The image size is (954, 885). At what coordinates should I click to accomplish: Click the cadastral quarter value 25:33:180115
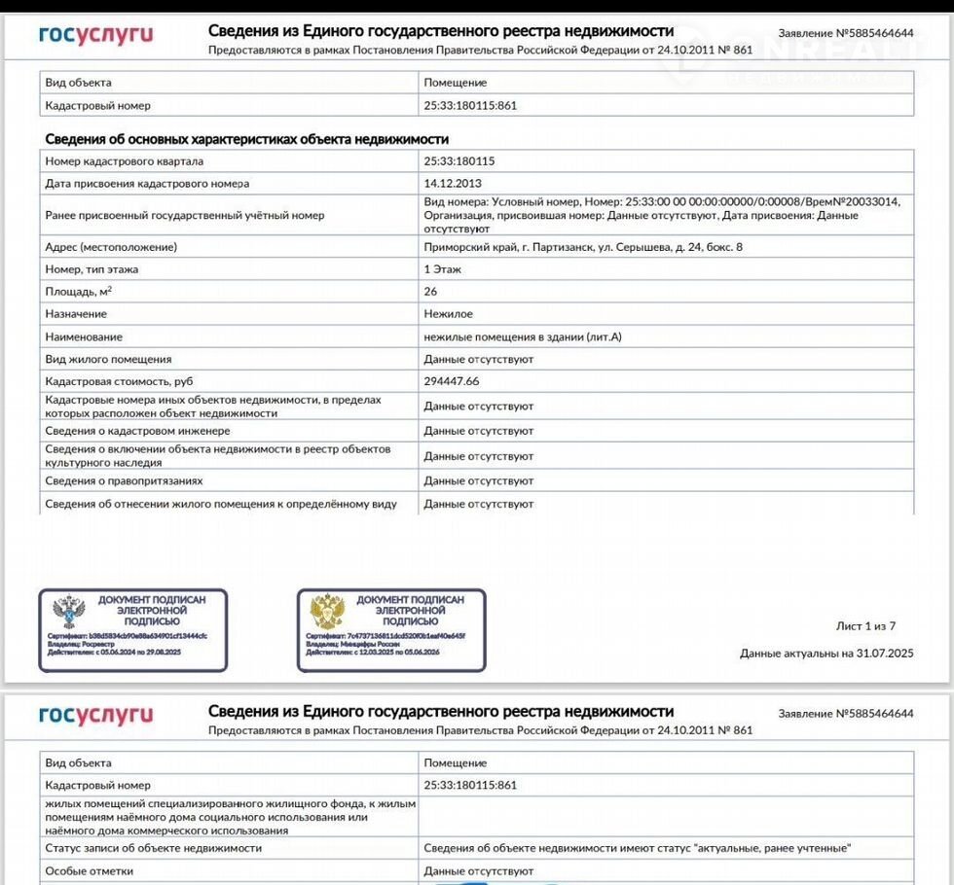(x=459, y=161)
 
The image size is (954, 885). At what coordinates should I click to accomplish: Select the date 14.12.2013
(x=453, y=183)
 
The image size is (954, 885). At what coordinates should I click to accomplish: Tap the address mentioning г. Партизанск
(x=583, y=247)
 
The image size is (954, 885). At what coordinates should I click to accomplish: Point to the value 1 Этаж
(x=443, y=268)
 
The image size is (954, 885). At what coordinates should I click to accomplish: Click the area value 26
(x=431, y=291)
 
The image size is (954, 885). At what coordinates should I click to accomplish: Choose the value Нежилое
(x=449, y=314)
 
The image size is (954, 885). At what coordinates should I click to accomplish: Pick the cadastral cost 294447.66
(x=452, y=381)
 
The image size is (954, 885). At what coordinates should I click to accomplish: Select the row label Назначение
(x=76, y=314)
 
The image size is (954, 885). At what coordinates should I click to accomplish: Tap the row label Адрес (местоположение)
(x=111, y=247)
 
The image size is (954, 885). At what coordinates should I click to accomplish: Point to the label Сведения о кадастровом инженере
(x=137, y=431)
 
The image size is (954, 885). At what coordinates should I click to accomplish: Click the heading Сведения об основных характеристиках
(x=246, y=139)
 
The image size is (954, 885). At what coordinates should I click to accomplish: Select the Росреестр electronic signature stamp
(x=132, y=630)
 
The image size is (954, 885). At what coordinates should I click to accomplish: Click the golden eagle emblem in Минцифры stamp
(x=326, y=612)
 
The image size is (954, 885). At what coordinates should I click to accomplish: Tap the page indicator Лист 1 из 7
(x=865, y=625)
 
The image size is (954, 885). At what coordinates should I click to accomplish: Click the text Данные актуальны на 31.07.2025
(x=826, y=654)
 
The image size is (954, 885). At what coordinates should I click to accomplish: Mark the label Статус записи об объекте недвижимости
(x=153, y=848)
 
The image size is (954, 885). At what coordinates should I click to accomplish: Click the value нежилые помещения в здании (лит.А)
(x=522, y=336)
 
